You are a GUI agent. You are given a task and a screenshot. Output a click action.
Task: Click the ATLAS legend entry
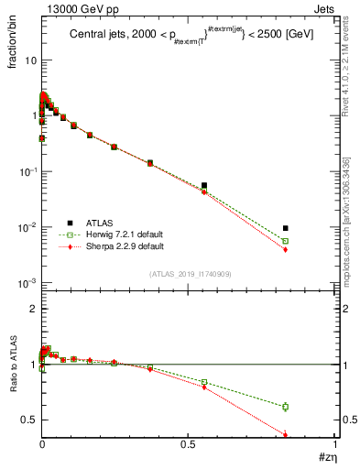point(100,223)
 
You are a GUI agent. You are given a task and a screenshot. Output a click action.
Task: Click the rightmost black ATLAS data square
point(286,228)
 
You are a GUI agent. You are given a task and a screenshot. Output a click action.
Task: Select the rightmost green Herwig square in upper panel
point(286,241)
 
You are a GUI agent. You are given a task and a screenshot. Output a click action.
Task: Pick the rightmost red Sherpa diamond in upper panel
point(286,249)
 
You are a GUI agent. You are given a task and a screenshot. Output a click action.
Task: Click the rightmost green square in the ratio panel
point(286,407)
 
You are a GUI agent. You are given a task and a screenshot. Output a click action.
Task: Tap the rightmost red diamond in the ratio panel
point(286,435)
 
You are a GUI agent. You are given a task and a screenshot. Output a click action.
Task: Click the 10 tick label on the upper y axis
point(30,60)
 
